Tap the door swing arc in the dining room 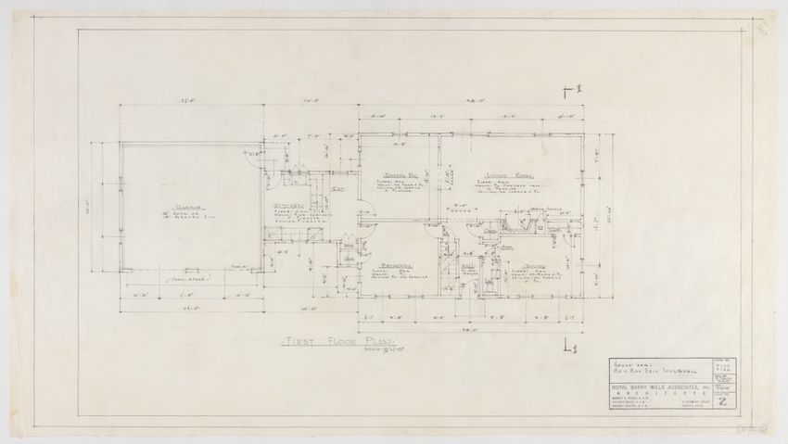click(x=364, y=221)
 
